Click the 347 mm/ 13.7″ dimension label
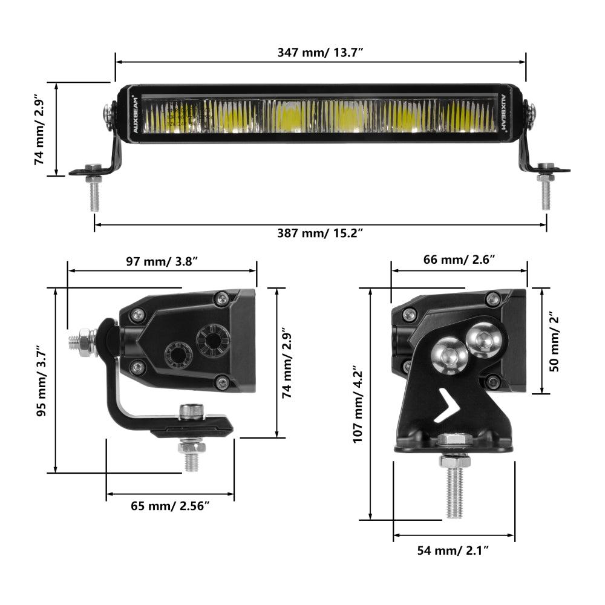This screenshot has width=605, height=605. click(x=320, y=52)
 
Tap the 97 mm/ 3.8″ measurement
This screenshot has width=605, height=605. click(x=162, y=261)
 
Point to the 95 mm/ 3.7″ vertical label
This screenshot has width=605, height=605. click(x=41, y=381)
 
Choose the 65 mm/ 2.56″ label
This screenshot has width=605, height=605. click(x=170, y=506)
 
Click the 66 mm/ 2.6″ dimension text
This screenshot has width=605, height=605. click(x=459, y=260)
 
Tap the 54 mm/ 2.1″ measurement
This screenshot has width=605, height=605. click(x=453, y=550)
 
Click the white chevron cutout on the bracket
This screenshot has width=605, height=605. click(x=448, y=405)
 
